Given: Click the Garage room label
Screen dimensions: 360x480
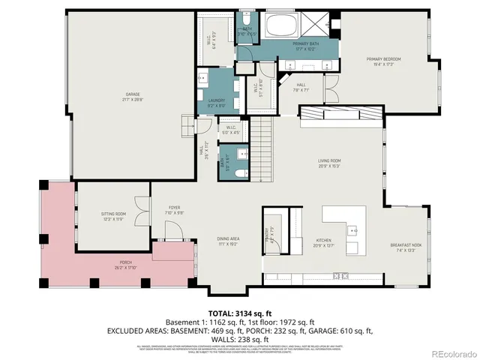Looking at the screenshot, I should pos(132,97).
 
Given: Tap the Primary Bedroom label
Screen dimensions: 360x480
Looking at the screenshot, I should pos(383,61).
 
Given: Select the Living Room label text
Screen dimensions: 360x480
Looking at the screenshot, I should pos(329,163).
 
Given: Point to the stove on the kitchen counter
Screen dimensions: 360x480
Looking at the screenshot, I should pos(341,276).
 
